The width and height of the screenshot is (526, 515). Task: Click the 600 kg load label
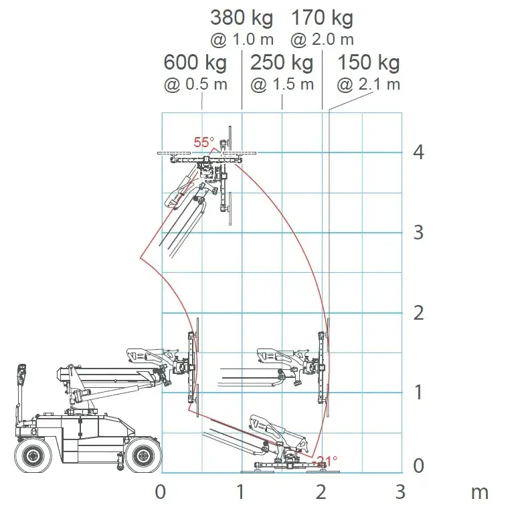point(195,64)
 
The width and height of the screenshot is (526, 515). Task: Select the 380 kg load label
point(242,17)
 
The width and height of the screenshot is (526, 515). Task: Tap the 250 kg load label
point(282,64)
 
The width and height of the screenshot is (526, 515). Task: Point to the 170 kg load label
point(322,17)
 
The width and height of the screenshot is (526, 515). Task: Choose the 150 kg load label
point(368,64)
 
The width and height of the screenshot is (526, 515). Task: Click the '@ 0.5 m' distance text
point(195,85)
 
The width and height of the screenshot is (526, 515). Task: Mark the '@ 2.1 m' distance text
point(369,85)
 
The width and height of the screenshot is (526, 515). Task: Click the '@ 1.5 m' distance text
point(282,85)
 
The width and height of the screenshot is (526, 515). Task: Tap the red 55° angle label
point(204,142)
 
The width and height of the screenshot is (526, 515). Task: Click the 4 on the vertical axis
point(418,152)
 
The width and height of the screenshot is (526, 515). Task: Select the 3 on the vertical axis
point(418,233)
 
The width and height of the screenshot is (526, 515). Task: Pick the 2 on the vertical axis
point(418,313)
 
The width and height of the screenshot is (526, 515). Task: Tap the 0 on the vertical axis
point(418,466)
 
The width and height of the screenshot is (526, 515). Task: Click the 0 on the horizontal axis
point(161,492)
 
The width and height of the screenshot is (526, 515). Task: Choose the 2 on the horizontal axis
point(322,492)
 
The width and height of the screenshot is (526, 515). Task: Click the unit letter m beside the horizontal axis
point(480,492)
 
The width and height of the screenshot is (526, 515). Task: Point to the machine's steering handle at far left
point(21,375)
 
